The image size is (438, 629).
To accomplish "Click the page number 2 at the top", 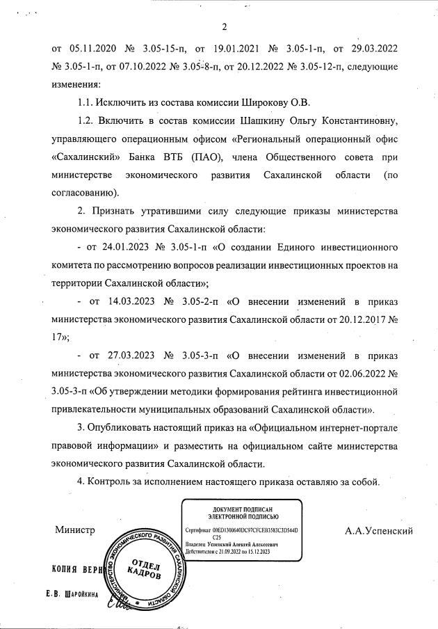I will (225, 28).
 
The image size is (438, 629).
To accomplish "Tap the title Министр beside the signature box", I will (74, 531).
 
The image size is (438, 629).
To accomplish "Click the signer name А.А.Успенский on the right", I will (379, 531).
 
